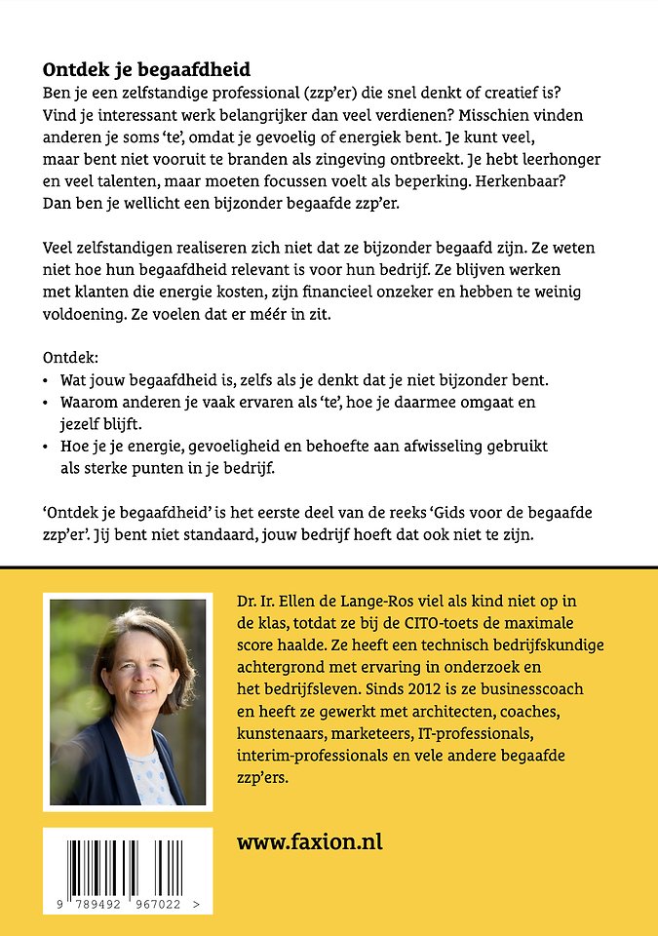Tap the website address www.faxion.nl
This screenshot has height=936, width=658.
pos(309,841)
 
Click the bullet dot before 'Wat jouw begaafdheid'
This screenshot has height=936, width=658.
pos(48,378)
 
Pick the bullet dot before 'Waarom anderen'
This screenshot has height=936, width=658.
pos(48,402)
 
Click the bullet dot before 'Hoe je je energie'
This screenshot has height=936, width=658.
pos(48,446)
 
